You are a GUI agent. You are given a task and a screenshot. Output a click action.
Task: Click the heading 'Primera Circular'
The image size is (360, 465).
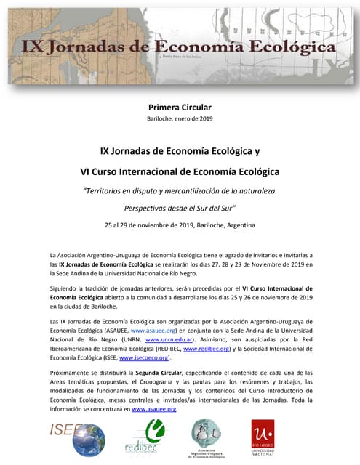pyautogui.click(x=180, y=108)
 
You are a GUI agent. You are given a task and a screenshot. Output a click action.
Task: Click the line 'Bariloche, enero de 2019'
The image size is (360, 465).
pyautogui.click(x=180, y=118)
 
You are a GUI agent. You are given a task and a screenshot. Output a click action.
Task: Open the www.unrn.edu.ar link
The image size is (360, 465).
pyautogui.click(x=169, y=339)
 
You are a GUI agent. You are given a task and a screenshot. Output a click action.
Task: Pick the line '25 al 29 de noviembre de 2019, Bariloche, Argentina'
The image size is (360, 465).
pyautogui.click(x=180, y=225)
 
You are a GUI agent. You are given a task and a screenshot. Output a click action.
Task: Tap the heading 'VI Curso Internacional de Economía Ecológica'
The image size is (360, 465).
pyautogui.click(x=180, y=172)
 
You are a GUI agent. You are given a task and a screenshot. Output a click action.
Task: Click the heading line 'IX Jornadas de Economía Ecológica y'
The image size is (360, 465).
pyautogui.click(x=180, y=152)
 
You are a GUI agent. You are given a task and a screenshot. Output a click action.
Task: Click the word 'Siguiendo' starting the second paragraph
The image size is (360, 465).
pyautogui.click(x=65, y=288)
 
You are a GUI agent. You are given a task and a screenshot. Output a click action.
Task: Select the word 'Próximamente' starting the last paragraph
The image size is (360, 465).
pyautogui.click(x=71, y=371)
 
